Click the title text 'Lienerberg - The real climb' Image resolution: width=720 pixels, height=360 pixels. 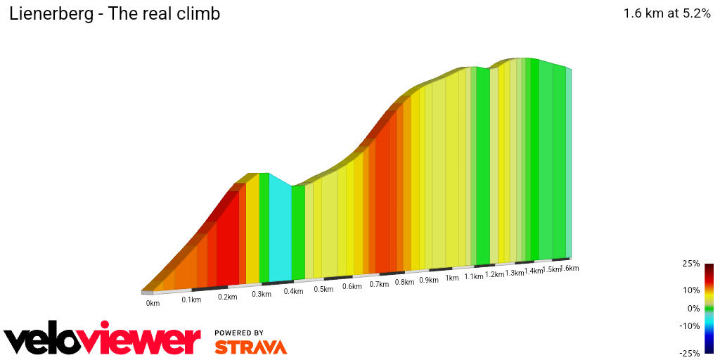[x=115, y=14]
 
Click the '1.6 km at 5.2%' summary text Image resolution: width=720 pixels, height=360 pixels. [x=667, y=13]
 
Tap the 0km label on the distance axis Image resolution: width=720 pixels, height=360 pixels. [x=153, y=304]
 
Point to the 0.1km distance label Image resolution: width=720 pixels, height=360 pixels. [x=191, y=300]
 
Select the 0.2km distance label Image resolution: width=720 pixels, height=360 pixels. [x=226, y=297]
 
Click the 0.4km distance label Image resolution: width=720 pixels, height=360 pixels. [x=293, y=291]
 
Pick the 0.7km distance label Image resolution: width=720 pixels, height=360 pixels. [x=379, y=284]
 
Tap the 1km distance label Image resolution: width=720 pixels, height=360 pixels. [x=451, y=278]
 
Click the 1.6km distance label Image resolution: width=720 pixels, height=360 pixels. [x=569, y=269]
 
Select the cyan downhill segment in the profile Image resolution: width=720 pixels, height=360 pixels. [x=280, y=232]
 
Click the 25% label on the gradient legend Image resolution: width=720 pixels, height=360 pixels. [x=691, y=264]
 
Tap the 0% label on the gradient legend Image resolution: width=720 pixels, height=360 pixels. [x=693, y=308]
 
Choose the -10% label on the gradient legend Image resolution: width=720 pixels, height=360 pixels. [x=690, y=326]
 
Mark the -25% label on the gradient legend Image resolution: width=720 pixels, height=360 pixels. [x=690, y=353]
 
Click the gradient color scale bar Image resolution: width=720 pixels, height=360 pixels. [x=709, y=308]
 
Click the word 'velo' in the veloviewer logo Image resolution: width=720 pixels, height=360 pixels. [x=49, y=341]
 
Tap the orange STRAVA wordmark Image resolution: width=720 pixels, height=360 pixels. [x=250, y=347]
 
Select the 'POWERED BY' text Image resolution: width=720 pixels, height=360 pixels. [x=239, y=333]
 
